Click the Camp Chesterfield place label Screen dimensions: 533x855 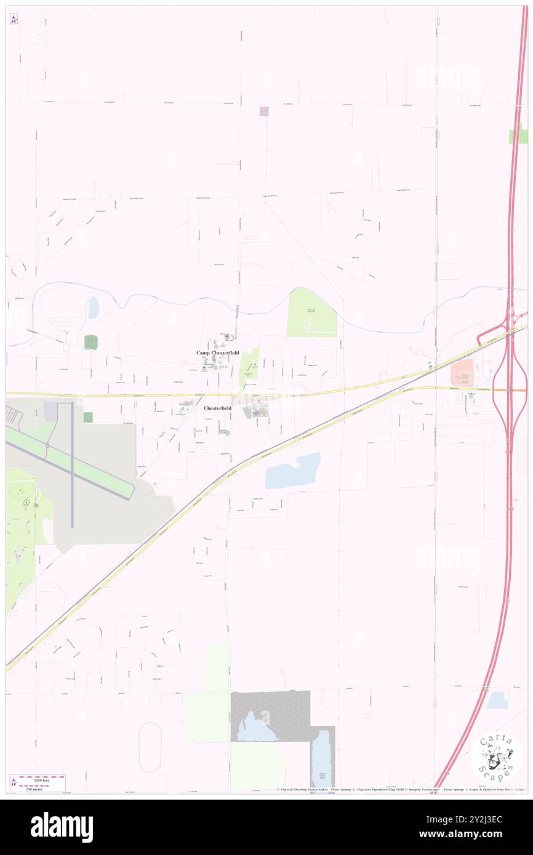tap(217, 352)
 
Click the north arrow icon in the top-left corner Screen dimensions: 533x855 tap(14, 18)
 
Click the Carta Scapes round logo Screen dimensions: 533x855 tap(496, 757)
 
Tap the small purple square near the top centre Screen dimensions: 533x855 tap(264, 111)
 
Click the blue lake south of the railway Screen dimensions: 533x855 tap(294, 471)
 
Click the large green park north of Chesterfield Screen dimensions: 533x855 tap(311, 312)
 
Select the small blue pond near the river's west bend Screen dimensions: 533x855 tap(94, 308)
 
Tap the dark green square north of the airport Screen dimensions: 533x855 tap(91, 343)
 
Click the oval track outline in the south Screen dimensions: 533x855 tap(150, 747)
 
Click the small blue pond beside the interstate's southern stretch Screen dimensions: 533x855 tap(497, 700)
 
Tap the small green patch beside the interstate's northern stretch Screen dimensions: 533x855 tap(518, 137)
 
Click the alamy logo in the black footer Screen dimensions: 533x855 tap(62, 827)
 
